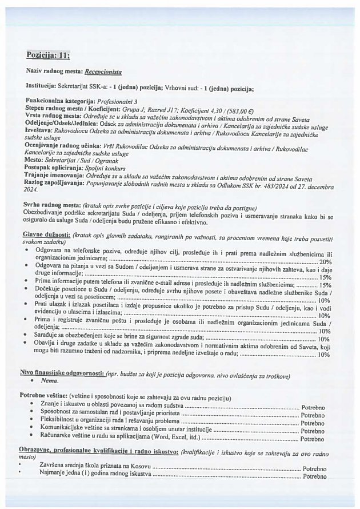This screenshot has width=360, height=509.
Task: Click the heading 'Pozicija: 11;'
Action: pos(48,55)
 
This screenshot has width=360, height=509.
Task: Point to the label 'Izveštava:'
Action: pos(41,130)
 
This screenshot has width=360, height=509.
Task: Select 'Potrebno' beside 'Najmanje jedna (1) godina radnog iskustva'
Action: pos(314,476)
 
